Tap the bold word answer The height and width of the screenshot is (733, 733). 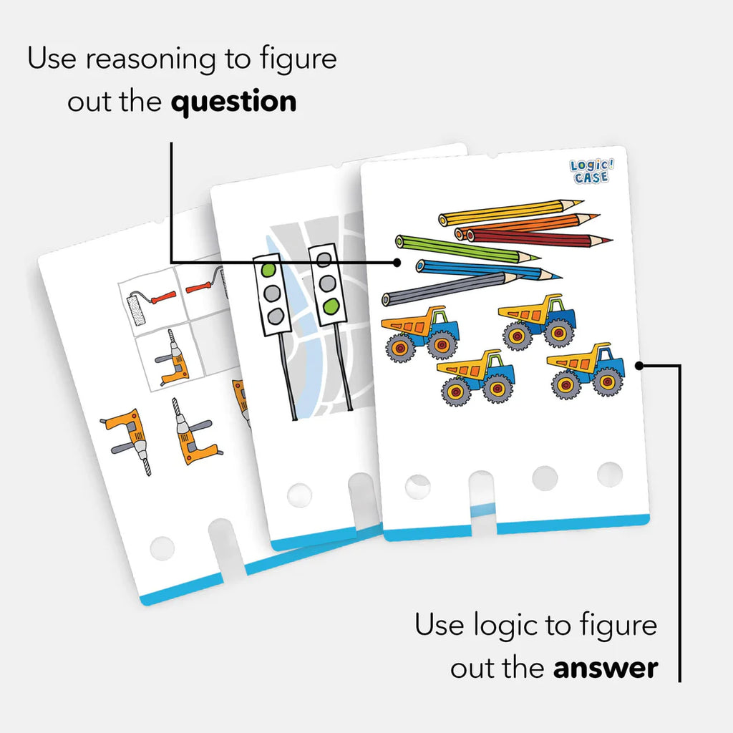pyautogui.click(x=606, y=668)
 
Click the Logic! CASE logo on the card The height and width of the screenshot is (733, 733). pyautogui.click(x=591, y=171)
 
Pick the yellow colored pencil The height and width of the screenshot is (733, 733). pyautogui.click(x=511, y=212)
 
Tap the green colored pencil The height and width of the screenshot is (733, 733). pyautogui.click(x=468, y=250)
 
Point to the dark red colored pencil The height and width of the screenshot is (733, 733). pyautogui.click(x=539, y=238)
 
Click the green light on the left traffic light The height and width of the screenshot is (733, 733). pyautogui.click(x=269, y=271)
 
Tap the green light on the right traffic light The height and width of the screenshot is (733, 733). pyautogui.click(x=330, y=306)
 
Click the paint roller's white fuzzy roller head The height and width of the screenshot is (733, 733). pyautogui.click(x=137, y=309)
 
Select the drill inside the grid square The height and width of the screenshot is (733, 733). pyautogui.click(x=171, y=358)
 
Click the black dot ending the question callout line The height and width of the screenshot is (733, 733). pyautogui.click(x=397, y=263)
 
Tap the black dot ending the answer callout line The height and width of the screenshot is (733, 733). pyautogui.click(x=639, y=366)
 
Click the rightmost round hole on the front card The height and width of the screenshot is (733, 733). pyautogui.click(x=610, y=474)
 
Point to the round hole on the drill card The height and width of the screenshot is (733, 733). pyautogui.click(x=162, y=548)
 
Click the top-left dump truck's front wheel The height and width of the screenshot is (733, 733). pyautogui.click(x=442, y=345)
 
